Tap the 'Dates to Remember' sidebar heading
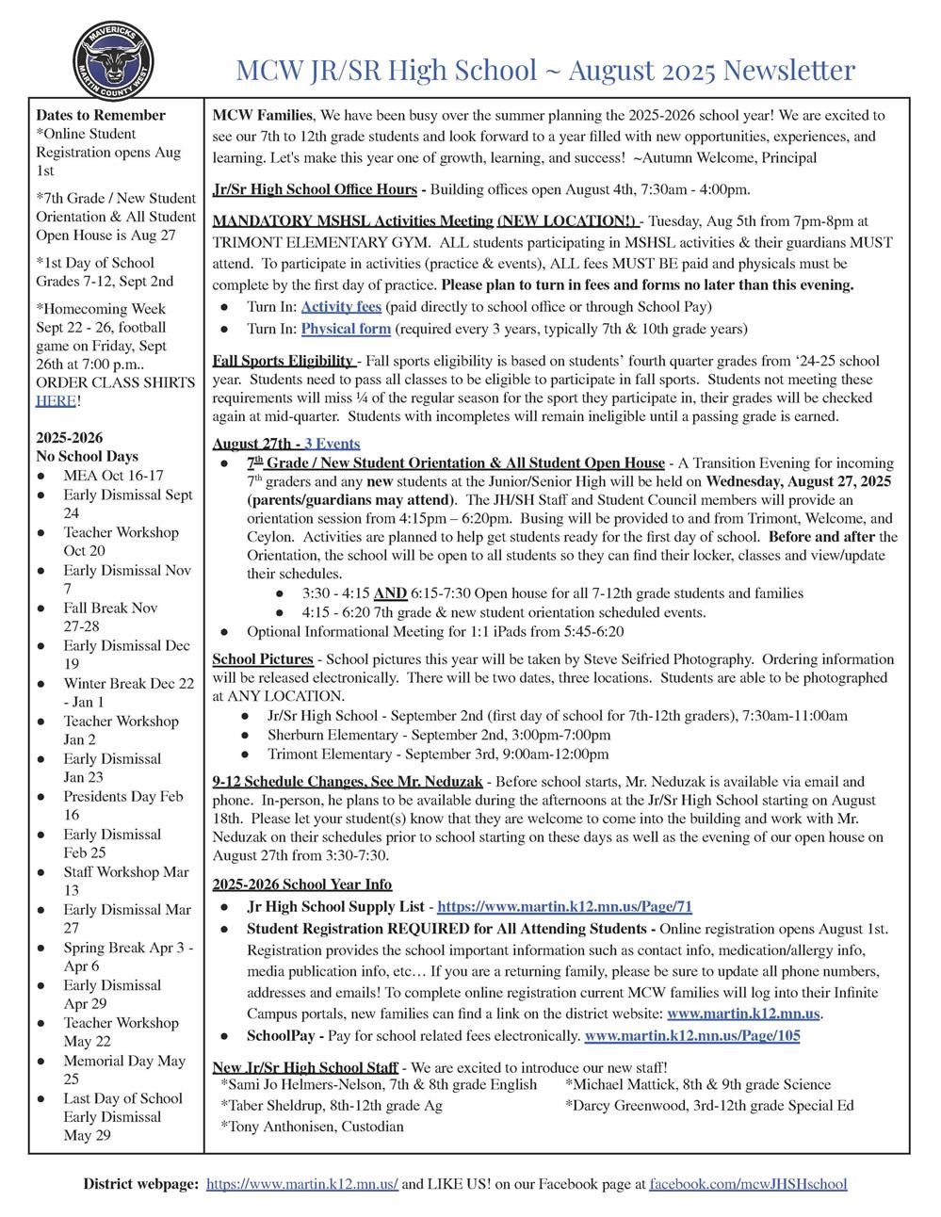(101, 115)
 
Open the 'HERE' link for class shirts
(56, 400)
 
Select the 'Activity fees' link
(341, 306)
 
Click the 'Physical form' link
(346, 329)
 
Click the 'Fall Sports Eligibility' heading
(283, 361)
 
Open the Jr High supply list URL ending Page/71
(564, 907)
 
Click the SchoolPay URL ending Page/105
(692, 1036)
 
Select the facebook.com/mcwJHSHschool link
(748, 1184)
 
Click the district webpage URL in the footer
(301, 1184)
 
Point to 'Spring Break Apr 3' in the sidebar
(128, 948)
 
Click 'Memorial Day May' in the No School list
(124, 1061)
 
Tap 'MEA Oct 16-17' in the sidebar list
(113, 476)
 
